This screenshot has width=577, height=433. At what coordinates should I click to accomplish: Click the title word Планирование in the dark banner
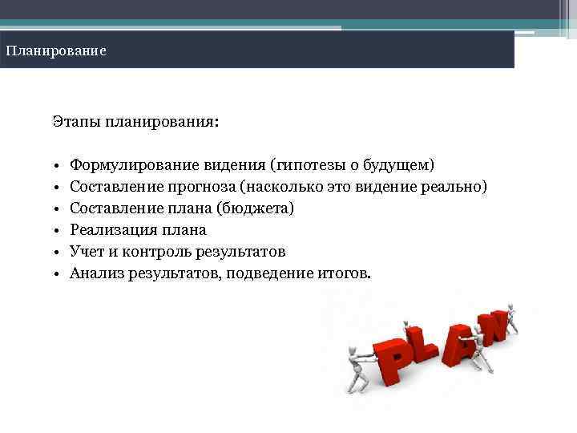pyautogui.click(x=56, y=51)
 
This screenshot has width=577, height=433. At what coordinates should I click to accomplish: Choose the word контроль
pyautogui.click(x=156, y=252)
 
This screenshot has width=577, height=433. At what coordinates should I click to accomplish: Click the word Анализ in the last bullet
pyautogui.click(x=95, y=273)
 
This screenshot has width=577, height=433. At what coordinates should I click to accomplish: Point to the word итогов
pyautogui.click(x=347, y=273)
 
